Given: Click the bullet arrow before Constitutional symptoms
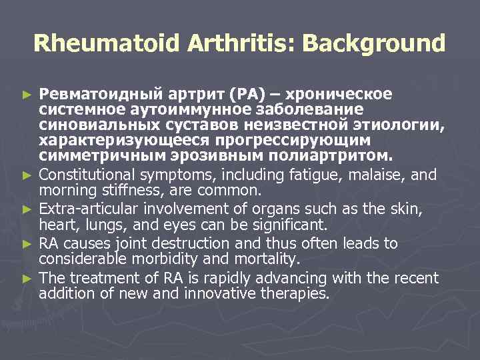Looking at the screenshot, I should [x=27, y=175].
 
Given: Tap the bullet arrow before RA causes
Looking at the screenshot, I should [x=27, y=243].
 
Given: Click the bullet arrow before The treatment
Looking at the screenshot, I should [x=27, y=277].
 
